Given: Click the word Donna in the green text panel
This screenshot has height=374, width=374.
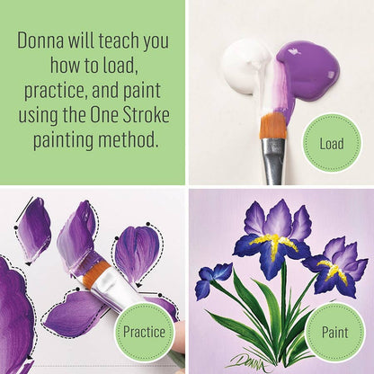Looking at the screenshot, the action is coord(40,41).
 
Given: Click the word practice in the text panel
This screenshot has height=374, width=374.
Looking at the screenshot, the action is coord(57,91).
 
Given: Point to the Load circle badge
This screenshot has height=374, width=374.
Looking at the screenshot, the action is coord(332,144).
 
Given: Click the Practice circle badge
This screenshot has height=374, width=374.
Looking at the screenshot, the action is coord(145,332).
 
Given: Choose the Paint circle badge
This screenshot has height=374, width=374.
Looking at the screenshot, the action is coord(334,333).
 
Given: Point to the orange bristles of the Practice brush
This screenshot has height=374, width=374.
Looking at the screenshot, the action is coord(93,272).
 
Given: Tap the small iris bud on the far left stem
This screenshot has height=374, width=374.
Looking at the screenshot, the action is coord(213,279).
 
